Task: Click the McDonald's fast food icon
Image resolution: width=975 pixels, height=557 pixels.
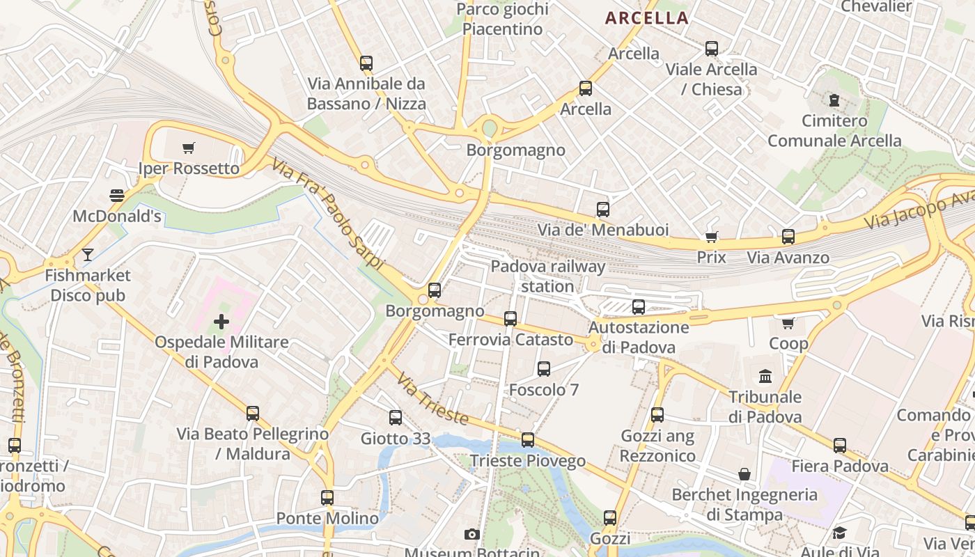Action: (x=117, y=196)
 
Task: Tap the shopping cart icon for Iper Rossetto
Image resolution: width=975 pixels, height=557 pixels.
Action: (x=188, y=148)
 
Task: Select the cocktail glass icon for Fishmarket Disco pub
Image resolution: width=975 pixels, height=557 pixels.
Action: (x=87, y=255)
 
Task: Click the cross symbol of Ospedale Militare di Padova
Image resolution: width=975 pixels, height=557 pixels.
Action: (x=221, y=322)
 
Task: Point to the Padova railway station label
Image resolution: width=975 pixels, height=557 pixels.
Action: (x=548, y=276)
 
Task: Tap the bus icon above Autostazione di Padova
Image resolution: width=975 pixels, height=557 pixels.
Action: (x=639, y=306)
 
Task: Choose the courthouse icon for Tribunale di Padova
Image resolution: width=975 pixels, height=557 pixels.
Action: (x=765, y=377)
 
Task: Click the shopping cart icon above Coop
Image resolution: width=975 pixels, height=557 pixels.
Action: (x=788, y=323)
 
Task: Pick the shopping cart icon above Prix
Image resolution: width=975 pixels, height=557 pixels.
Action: (x=711, y=237)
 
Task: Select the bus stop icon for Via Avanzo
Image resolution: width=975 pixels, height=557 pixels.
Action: (x=788, y=237)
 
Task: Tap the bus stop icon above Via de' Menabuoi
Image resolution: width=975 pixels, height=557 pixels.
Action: (x=603, y=210)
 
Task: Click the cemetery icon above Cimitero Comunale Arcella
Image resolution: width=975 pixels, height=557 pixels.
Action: (x=834, y=100)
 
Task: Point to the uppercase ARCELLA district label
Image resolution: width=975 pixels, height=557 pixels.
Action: (x=647, y=18)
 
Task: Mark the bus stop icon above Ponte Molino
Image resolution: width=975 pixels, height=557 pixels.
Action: (x=327, y=498)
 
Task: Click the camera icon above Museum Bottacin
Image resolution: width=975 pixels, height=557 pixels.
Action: (x=472, y=534)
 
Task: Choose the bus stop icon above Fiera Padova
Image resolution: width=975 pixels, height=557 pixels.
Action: (x=840, y=446)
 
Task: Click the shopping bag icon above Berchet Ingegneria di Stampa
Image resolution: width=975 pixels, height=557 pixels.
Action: (x=744, y=475)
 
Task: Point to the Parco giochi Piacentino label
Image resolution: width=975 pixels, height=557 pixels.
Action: (x=502, y=19)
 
